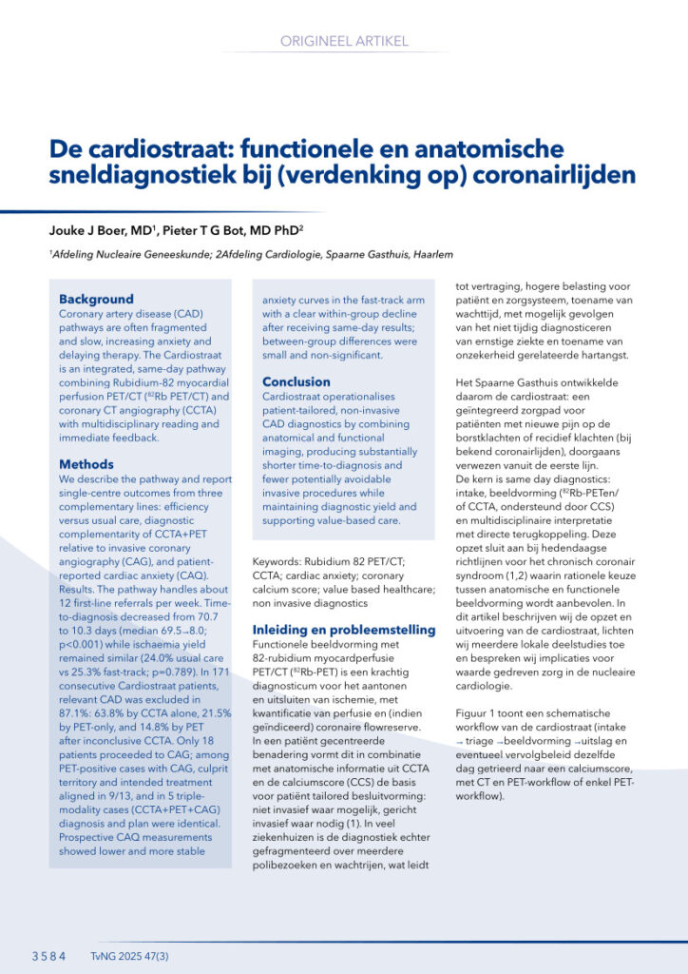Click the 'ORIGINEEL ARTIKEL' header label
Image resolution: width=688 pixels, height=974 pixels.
[344, 41]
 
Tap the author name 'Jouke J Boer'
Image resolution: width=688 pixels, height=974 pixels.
[90, 231]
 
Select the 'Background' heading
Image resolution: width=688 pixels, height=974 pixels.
[96, 299]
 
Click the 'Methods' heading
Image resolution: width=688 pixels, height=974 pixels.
[86, 464]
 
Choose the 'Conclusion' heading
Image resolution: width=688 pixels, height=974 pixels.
[296, 382]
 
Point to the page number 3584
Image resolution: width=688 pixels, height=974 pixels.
[48, 956]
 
